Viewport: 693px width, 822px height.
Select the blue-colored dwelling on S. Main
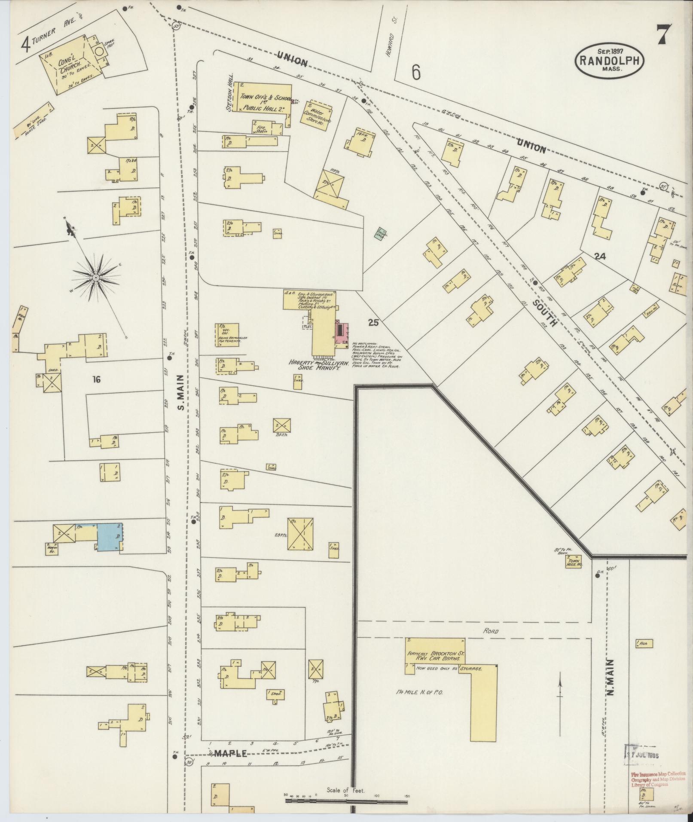coord(109,537)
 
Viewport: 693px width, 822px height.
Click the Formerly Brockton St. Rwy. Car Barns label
coord(435,656)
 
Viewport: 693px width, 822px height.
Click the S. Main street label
coord(181,392)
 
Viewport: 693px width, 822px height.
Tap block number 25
coord(373,322)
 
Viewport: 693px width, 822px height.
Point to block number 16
coord(96,379)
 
